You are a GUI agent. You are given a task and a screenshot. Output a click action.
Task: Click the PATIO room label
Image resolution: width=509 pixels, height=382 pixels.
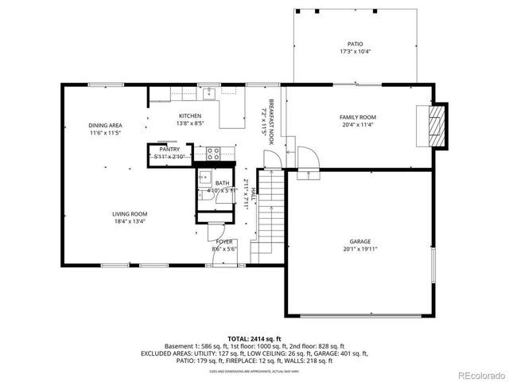click(x=354, y=45)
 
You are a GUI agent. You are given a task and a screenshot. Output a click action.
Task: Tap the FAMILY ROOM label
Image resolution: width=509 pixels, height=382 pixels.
click(x=358, y=117)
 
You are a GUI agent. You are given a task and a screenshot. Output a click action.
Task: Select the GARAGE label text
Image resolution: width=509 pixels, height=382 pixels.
click(x=359, y=241)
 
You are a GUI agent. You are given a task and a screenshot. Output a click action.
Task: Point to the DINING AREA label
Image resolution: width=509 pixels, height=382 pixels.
click(x=104, y=125)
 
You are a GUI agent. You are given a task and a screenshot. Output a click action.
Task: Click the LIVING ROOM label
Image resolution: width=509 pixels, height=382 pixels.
click(x=128, y=213)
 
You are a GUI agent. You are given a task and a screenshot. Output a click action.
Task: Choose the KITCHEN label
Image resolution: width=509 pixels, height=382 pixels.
click(x=189, y=117)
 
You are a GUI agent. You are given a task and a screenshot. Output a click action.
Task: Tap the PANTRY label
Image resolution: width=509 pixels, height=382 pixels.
click(x=169, y=149)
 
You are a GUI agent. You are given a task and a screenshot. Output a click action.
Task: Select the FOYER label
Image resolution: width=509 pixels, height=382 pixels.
click(x=224, y=242)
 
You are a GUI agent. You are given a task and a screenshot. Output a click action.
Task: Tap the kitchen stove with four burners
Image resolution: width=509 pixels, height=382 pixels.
click(x=214, y=151)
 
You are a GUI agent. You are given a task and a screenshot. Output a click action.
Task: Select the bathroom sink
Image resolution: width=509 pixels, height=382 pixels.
click(x=204, y=178)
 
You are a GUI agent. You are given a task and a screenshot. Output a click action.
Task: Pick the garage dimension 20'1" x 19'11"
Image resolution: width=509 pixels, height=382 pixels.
click(x=359, y=248)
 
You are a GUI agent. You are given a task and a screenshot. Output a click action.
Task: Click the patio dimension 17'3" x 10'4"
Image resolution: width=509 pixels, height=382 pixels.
click(x=354, y=52)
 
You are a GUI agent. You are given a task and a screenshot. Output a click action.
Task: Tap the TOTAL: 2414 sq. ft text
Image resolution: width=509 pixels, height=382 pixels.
click(x=254, y=339)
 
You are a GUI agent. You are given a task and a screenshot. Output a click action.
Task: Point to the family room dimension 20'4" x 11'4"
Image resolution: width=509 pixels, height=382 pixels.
click(x=358, y=124)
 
